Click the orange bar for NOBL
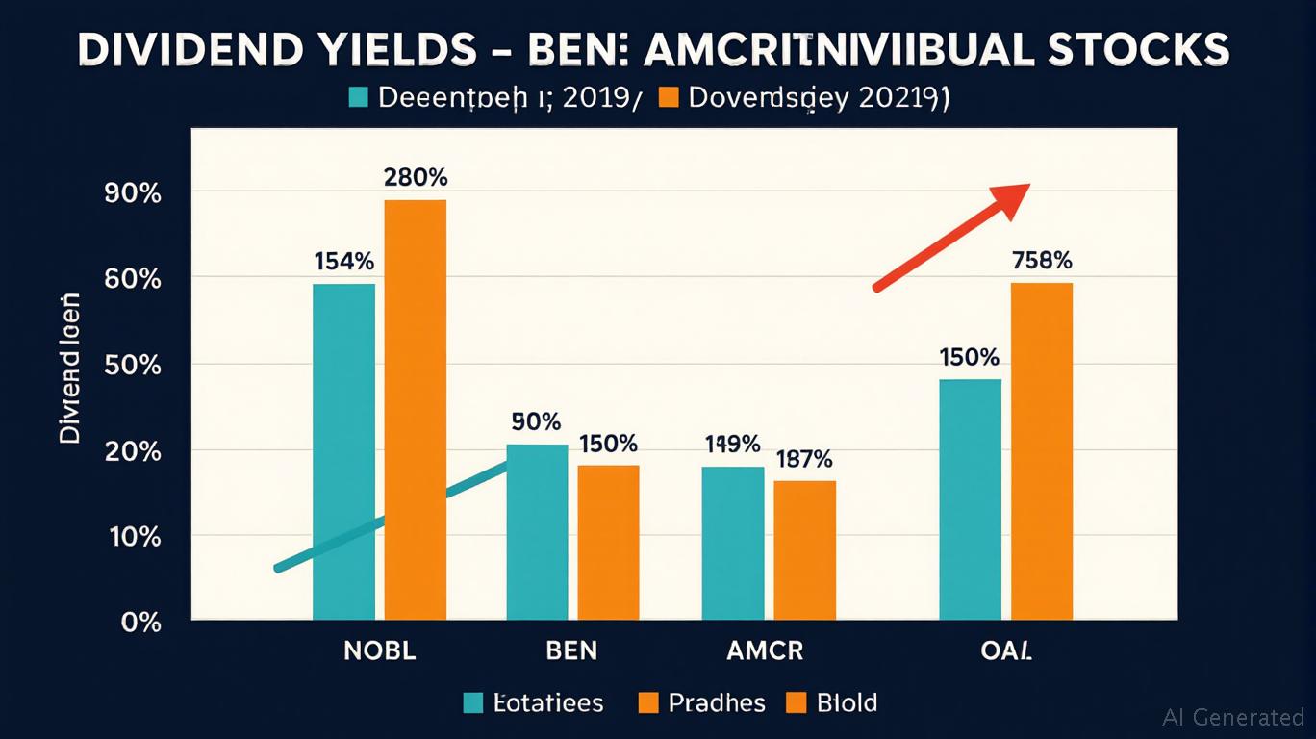(x=416, y=409)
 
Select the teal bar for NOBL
(x=344, y=451)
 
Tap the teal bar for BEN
(x=538, y=532)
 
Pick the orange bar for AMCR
(x=804, y=549)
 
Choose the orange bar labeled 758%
(x=1041, y=451)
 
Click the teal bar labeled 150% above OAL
(x=970, y=499)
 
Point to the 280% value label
(x=415, y=178)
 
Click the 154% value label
(x=343, y=261)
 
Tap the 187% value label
(x=803, y=459)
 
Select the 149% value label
(x=732, y=445)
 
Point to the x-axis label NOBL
(x=380, y=650)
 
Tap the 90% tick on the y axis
(x=131, y=193)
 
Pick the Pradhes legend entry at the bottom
(x=701, y=703)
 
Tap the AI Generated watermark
(x=1232, y=717)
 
